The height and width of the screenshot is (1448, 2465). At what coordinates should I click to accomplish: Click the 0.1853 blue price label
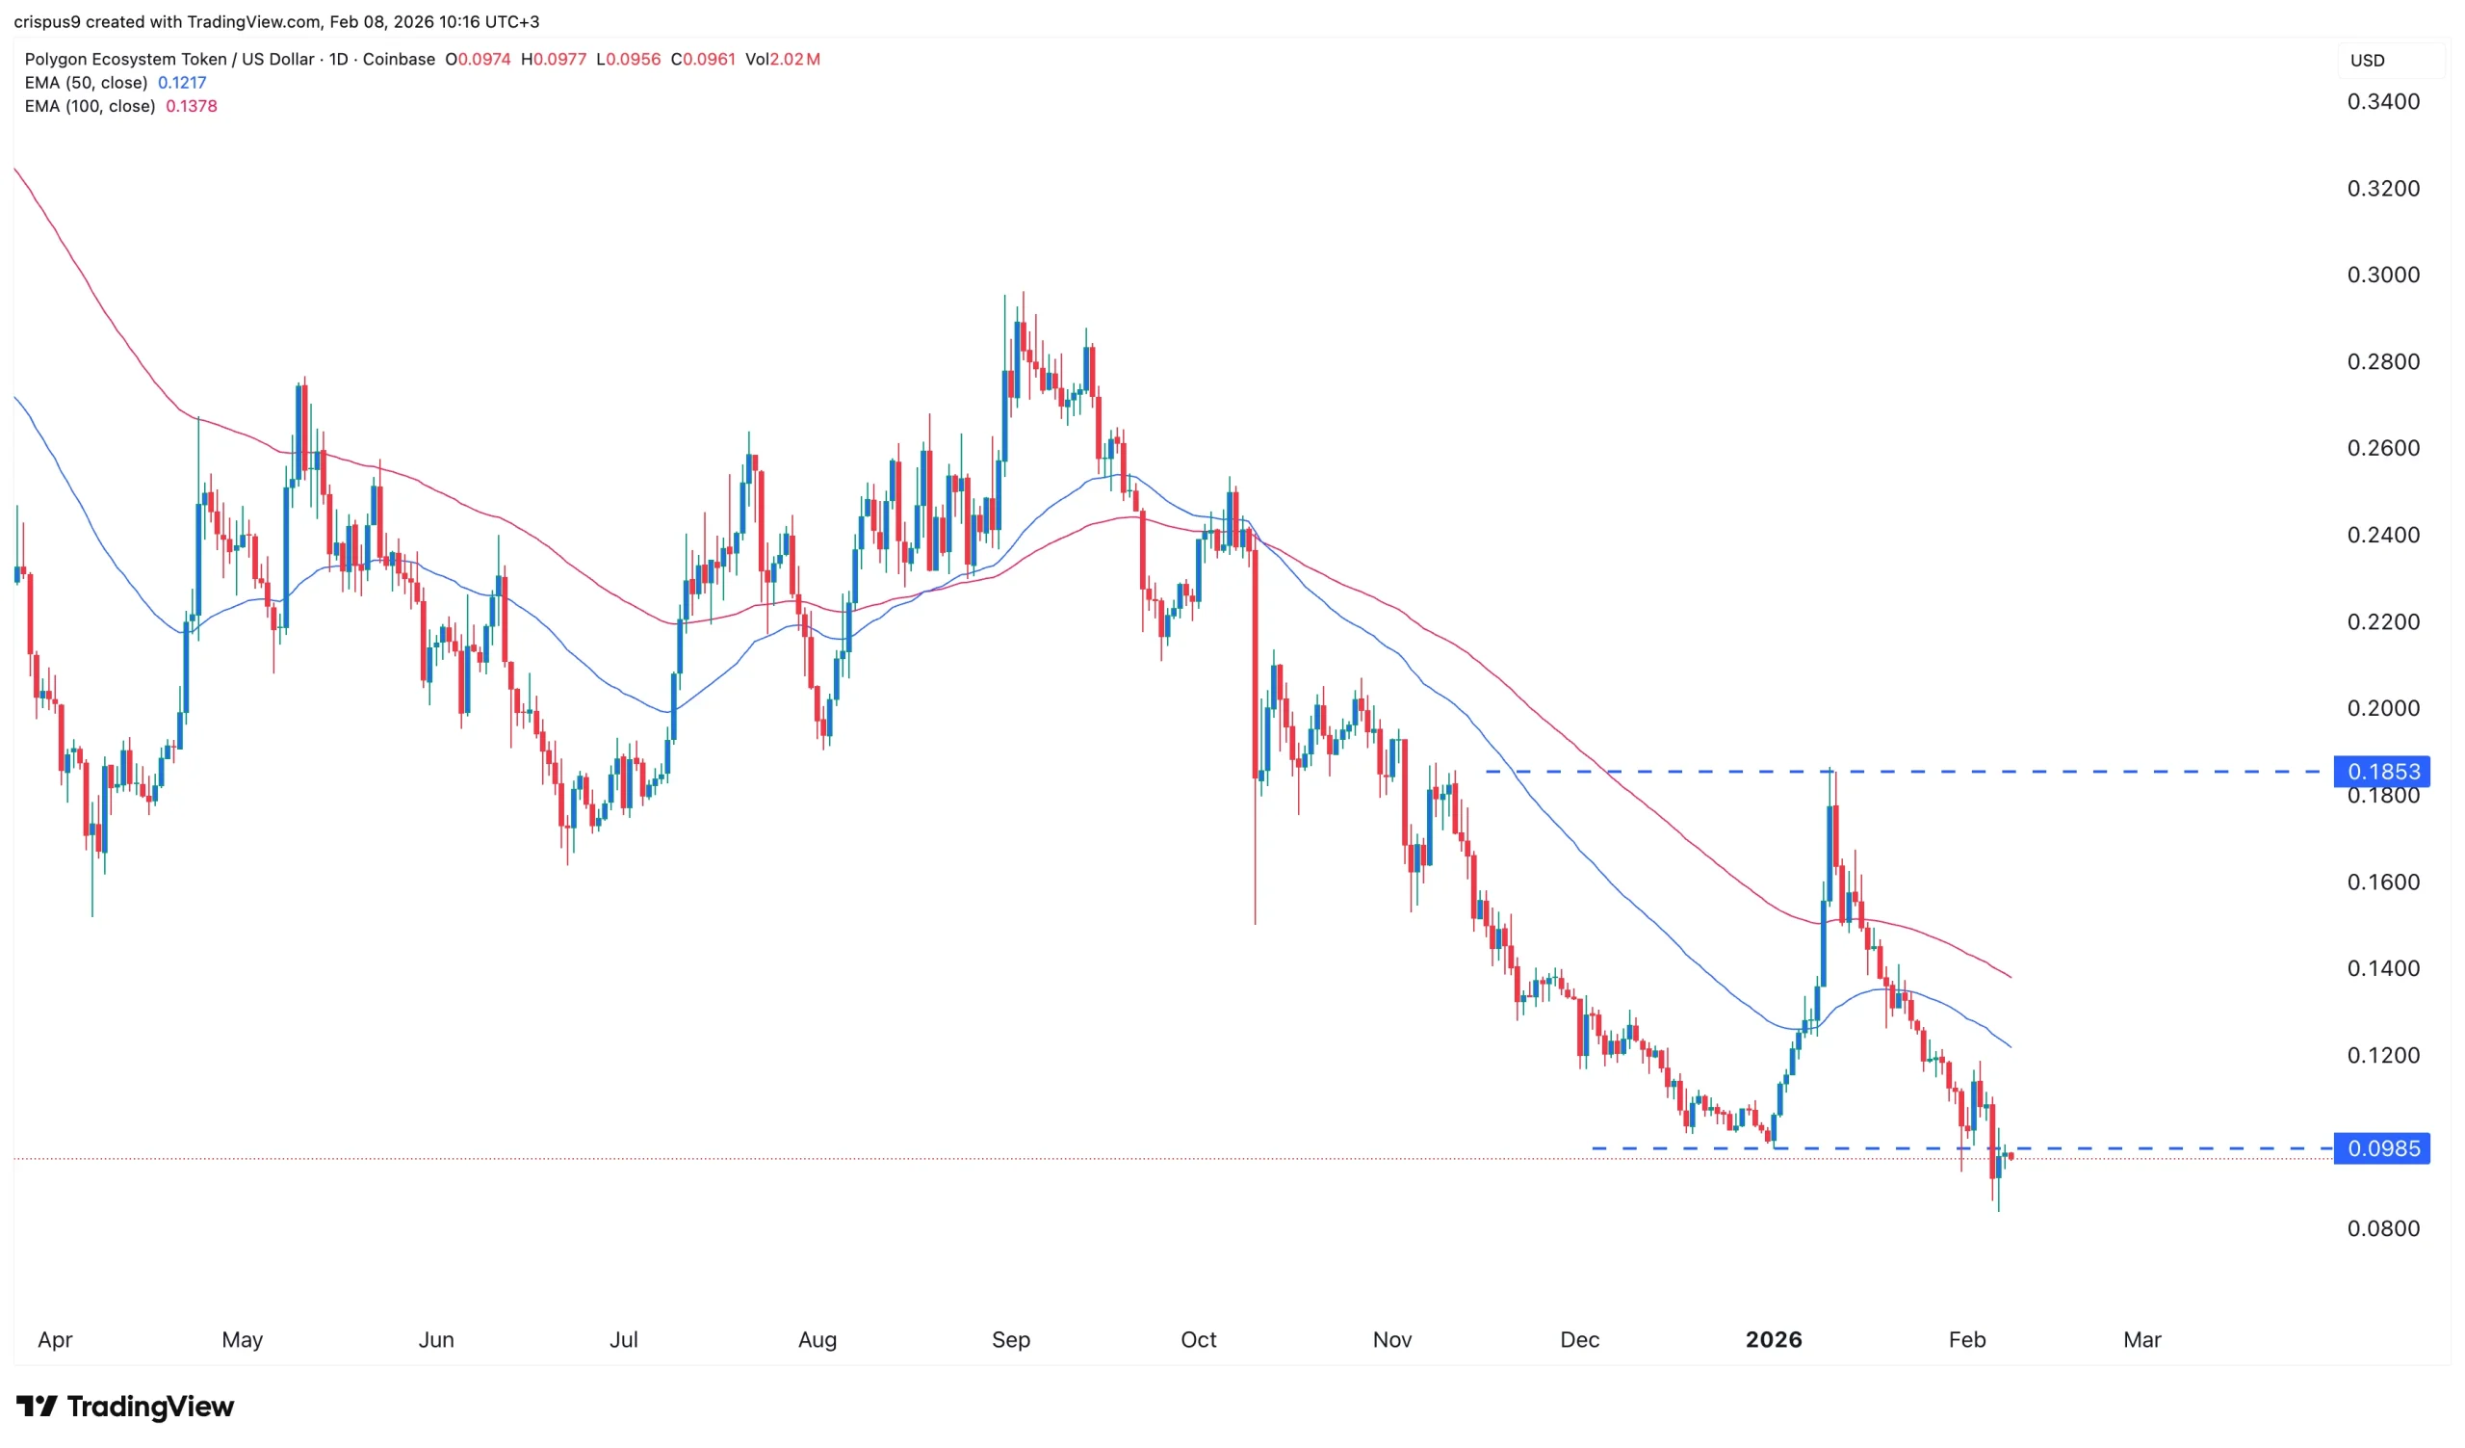click(2382, 772)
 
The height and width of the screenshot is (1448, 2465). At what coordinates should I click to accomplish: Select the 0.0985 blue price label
click(2382, 1148)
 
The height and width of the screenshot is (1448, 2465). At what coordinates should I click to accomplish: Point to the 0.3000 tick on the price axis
click(2383, 275)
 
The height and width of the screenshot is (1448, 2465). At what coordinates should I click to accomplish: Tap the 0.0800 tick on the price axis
click(2383, 1229)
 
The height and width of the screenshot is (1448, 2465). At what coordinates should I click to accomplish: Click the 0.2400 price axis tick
click(2383, 536)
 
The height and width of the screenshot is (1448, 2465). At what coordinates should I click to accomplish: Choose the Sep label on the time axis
click(1010, 1339)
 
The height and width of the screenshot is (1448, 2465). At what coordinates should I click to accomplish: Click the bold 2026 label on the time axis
click(1774, 1339)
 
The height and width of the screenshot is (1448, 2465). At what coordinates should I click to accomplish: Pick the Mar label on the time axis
click(2141, 1339)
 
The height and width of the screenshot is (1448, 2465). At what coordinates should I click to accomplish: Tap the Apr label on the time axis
click(55, 1339)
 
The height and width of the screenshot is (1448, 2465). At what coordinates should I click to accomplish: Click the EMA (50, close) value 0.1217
click(182, 82)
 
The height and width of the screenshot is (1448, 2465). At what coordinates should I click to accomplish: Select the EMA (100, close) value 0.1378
click(192, 106)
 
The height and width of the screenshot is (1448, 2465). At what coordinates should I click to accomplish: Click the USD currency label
click(2367, 60)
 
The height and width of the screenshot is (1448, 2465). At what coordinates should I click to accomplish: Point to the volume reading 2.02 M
click(794, 59)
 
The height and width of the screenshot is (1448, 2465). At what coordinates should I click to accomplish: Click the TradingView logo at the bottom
click(125, 1407)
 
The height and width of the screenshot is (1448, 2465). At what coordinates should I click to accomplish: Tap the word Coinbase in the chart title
click(398, 59)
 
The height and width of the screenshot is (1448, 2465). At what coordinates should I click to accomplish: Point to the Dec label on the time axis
click(1579, 1339)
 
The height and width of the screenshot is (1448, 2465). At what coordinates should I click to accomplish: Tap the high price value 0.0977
click(559, 59)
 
